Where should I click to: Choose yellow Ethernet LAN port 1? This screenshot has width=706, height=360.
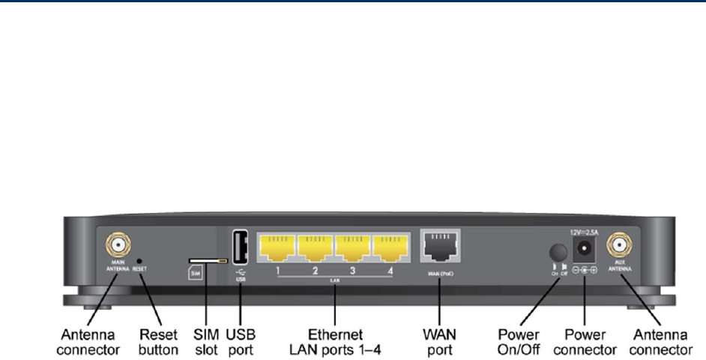click(277, 247)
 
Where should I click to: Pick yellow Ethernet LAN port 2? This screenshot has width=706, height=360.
click(315, 247)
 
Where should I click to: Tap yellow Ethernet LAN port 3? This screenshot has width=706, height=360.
click(354, 247)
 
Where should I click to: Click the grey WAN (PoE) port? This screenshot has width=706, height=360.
click(440, 245)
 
